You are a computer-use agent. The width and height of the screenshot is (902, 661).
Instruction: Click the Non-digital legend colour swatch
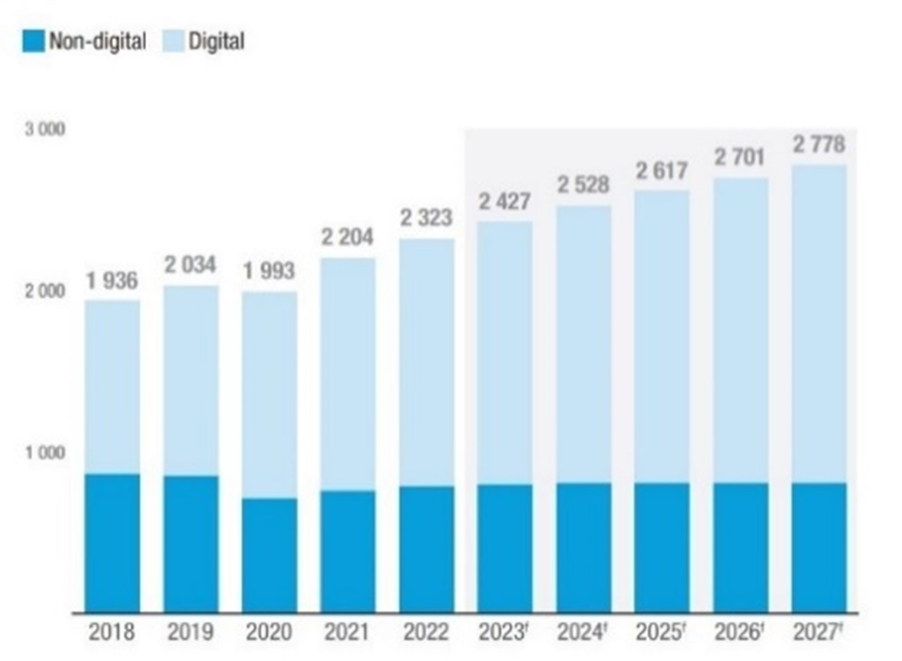34,41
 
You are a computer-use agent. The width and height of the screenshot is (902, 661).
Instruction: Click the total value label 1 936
112,281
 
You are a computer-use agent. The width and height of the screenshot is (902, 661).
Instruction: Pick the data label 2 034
190,266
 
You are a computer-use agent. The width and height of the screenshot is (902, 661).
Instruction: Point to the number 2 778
819,144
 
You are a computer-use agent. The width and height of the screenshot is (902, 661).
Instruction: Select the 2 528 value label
583,186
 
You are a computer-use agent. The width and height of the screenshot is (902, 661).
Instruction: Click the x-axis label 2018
112,633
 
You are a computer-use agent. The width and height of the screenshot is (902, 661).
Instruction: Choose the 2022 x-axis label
426,633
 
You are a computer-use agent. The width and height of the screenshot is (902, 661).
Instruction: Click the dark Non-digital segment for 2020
269,555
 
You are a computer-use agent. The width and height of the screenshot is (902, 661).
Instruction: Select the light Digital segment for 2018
112,387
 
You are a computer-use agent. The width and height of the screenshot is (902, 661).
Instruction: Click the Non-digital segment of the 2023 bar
505,548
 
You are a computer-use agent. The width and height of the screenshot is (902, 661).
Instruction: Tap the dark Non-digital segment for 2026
741,548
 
